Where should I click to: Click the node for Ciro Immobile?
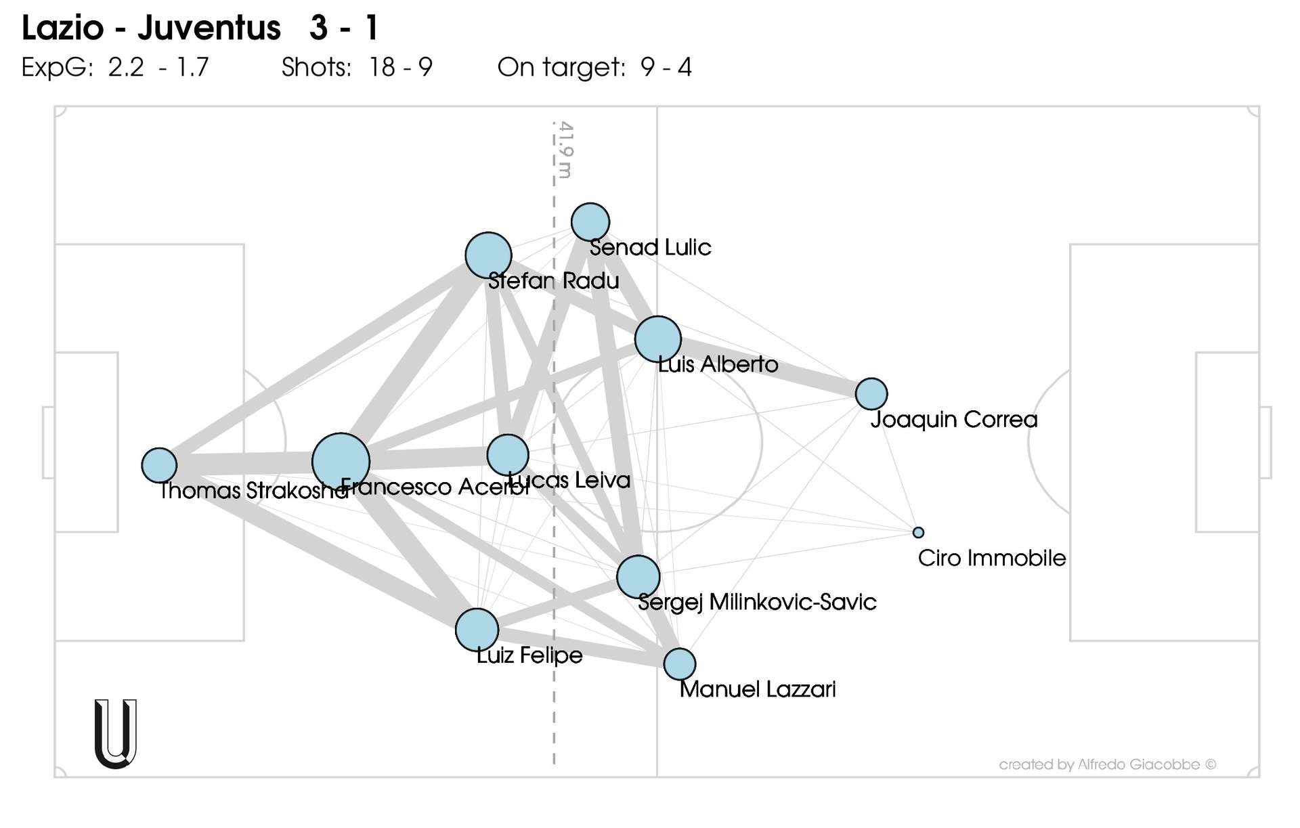point(918,533)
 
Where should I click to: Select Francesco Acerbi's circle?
point(341,462)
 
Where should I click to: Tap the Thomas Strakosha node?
point(159,465)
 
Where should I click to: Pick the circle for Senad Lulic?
point(590,221)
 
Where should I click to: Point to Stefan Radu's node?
point(488,255)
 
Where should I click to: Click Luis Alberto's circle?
point(657,339)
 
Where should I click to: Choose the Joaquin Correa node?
point(871,393)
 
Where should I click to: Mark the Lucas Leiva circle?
point(508,454)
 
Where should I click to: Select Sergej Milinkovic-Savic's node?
point(638,577)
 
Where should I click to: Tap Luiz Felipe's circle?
point(477,630)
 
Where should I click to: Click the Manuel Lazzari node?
point(680,663)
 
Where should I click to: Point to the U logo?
point(116,734)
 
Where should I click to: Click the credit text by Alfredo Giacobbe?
point(1107,764)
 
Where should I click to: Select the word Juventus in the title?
point(209,28)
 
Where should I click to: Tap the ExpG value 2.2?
point(126,67)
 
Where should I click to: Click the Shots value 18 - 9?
point(401,67)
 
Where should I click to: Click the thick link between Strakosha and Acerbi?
point(244,464)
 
